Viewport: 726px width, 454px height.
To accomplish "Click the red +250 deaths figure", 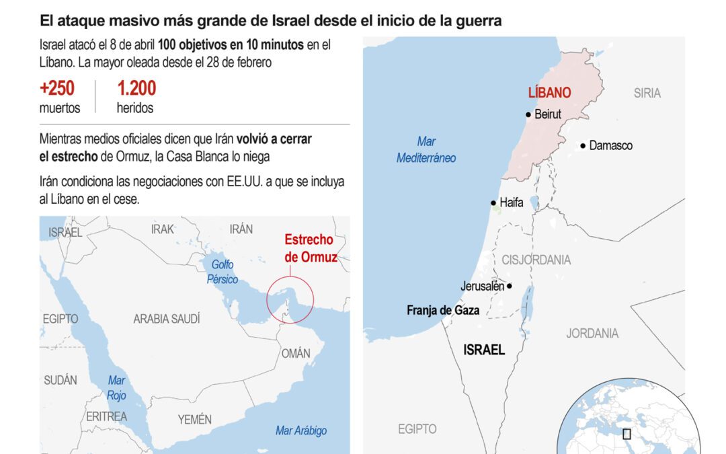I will tap(57, 88).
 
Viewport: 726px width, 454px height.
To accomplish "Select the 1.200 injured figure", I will tap(136, 88).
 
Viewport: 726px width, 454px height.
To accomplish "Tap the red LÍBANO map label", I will tap(549, 93).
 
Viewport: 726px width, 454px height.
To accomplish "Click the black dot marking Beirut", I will tap(529, 114).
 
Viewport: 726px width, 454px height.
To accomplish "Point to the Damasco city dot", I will tap(583, 145).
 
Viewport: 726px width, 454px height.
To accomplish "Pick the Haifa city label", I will tap(511, 202).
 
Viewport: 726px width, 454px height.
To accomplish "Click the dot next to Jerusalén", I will tap(510, 286).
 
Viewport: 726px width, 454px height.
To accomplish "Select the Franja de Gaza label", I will tap(443, 310).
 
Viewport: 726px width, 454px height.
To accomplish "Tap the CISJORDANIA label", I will tap(536, 260).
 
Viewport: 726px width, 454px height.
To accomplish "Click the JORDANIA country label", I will tap(592, 333).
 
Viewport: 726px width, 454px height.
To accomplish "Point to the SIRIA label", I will tap(647, 93).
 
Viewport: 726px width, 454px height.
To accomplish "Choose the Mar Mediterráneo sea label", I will tap(426, 150).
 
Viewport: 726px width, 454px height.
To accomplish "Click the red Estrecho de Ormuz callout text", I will tap(309, 248).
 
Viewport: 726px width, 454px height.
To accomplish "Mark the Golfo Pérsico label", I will tap(223, 272).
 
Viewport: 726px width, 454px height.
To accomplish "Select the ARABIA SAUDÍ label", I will tap(167, 319).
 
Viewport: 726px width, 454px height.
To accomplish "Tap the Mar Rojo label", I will tap(116, 388).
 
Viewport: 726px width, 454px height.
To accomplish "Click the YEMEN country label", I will tap(194, 420).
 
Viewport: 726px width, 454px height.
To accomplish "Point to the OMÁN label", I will tap(296, 353).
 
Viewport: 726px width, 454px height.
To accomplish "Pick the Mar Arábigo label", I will tap(301, 430).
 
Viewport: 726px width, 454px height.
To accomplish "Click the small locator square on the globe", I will tap(627, 434).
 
